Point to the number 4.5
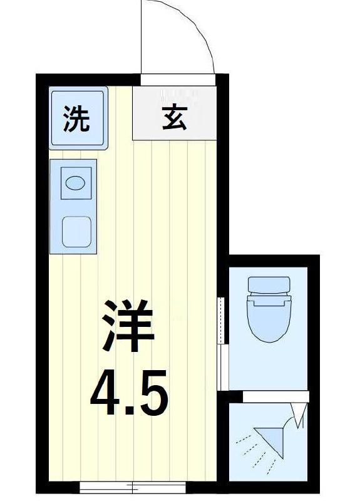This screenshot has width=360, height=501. coord(128,393)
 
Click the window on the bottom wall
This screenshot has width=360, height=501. coord(133,486)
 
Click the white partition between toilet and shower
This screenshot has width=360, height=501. coord(275,396)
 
